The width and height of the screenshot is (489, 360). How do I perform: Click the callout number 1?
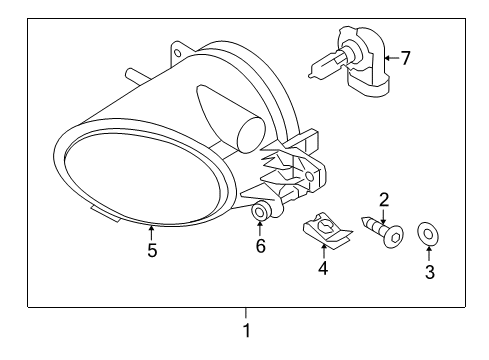[247, 329]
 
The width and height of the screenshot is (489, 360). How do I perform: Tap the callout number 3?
[429, 272]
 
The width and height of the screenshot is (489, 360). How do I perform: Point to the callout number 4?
[323, 268]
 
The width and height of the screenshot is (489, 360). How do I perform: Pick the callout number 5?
[152, 251]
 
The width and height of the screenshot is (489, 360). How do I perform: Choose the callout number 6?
[260, 245]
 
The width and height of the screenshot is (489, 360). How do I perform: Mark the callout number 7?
[407, 57]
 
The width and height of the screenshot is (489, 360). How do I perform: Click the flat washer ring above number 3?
[429, 234]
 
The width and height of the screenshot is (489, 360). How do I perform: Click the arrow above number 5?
[152, 232]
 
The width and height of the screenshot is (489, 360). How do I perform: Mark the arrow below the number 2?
[383, 213]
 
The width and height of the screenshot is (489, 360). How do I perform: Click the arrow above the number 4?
[323, 251]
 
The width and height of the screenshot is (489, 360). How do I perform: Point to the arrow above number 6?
[260, 228]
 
